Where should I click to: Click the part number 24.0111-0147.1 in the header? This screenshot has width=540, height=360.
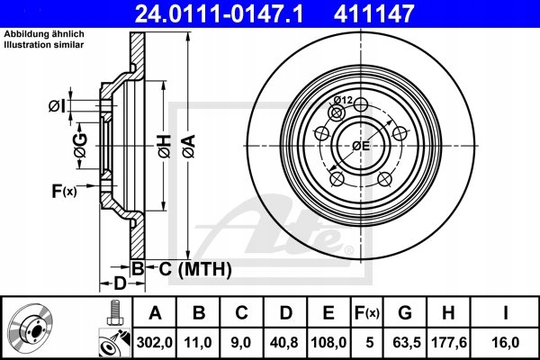219,13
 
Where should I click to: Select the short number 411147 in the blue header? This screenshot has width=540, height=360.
373,13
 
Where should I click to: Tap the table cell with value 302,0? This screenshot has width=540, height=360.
154,343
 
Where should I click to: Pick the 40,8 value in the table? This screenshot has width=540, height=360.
284,343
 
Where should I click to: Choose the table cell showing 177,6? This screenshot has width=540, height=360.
449,343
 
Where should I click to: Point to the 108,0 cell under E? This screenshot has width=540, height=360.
328,343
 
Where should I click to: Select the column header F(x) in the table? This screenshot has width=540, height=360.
367,313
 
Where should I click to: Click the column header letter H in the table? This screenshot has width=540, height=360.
448,313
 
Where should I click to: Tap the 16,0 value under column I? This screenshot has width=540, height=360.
506,343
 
